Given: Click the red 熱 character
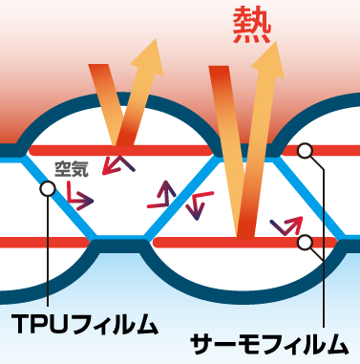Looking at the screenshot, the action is tap(252, 24).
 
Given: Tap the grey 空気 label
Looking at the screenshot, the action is tap(72, 169).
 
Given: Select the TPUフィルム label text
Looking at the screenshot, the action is tap(85, 324).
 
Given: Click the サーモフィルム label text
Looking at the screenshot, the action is tap(269, 344).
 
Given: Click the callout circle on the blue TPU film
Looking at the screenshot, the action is tap(48, 188).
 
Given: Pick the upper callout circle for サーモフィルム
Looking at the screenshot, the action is tap(306, 150).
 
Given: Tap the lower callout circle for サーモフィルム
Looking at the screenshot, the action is tap(306, 243).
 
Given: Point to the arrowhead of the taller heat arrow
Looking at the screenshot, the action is tap(269, 60).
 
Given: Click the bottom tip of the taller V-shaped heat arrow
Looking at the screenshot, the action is tap(245, 236).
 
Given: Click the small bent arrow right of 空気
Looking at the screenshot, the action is tap(117, 165).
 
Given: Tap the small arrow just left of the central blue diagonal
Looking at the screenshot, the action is tap(162, 195).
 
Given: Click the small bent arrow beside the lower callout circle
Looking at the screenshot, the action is tap(286, 225).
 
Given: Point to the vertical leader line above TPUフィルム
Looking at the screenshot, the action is tap(48, 251).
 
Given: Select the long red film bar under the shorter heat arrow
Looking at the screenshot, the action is tap(120, 150).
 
